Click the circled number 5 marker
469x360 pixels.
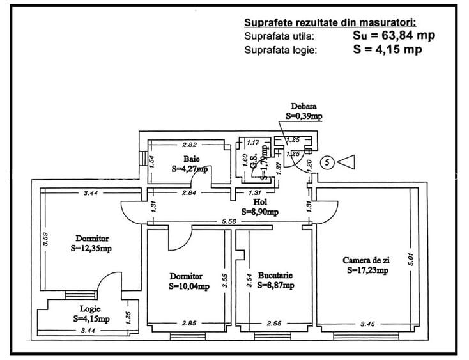pos(328,162)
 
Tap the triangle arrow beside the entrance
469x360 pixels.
pos(348,162)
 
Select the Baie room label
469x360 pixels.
pos(192,159)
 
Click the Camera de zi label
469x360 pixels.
pos(366,260)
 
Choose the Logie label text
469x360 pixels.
pos(90,309)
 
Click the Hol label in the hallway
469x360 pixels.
pos(260,202)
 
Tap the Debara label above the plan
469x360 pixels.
pos(304,106)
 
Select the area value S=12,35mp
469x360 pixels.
pos(91,248)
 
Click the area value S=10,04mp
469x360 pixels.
pos(189,286)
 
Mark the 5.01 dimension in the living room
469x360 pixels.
pos(411,260)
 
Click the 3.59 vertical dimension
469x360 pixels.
pos(45,239)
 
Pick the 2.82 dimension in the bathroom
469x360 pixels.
pos(190,145)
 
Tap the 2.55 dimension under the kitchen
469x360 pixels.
pos(273,324)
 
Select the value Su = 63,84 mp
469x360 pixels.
pos(394,35)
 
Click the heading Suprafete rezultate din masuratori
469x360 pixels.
pos(330,23)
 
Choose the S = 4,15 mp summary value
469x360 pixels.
pos(387,49)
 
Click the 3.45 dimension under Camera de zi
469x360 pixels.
pos(367,324)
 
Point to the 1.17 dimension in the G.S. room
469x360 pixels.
pos(253,143)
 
